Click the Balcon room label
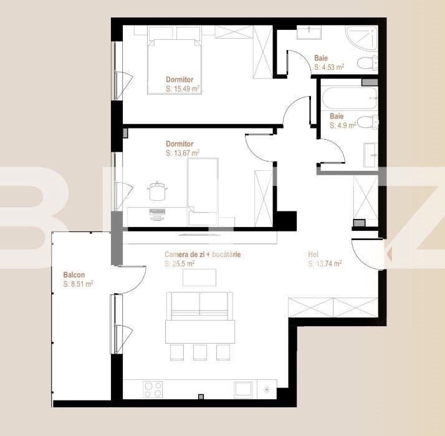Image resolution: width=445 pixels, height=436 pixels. pos(74,274)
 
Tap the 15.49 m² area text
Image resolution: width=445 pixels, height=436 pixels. pos(183,89)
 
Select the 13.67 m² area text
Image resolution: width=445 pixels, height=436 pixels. pos(183,153)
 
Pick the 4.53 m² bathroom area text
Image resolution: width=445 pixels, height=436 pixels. pos(329,67)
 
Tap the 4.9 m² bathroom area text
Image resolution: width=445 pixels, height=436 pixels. pos(343,125)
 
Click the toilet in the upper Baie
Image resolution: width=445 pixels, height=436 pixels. pos(367,62)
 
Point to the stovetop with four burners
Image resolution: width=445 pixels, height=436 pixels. pos(153,389)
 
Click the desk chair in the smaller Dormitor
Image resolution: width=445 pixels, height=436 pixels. pos(156,191)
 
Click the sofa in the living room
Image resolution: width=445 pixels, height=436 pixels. pos(199,305)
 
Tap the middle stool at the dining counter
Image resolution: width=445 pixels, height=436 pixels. pos(199,352)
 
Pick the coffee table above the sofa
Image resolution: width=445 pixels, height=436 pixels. pos(199,277)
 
